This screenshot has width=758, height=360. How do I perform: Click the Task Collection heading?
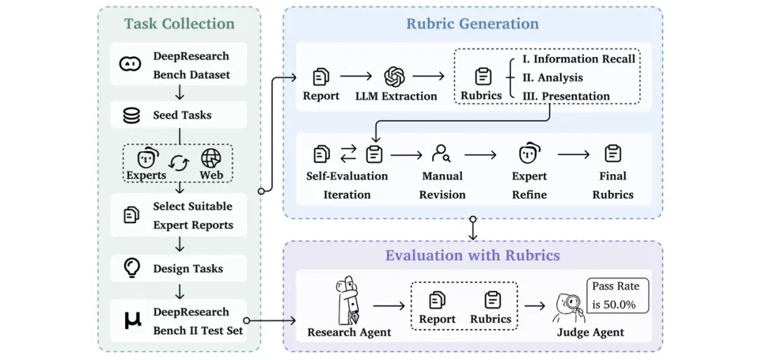click(x=179, y=24)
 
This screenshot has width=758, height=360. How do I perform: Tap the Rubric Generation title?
click(x=472, y=24)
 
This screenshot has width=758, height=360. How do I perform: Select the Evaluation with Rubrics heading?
click(x=472, y=255)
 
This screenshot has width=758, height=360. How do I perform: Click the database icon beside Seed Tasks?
click(x=132, y=116)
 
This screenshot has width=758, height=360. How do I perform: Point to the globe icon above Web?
click(x=211, y=157)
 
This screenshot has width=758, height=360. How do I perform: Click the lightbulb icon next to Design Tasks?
click(x=132, y=267)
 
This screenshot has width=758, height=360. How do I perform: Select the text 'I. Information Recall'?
click(x=578, y=59)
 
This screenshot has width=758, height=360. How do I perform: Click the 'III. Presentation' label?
click(x=566, y=95)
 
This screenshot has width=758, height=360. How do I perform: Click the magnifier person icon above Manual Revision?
click(x=441, y=154)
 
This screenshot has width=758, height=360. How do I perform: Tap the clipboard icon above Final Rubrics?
click(x=613, y=154)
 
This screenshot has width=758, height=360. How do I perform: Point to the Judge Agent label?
click(x=590, y=333)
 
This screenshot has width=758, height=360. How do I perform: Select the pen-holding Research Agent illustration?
click(x=349, y=300)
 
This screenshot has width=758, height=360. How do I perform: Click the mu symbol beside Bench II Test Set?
click(x=133, y=321)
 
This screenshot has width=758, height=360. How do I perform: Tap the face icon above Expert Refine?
click(x=529, y=154)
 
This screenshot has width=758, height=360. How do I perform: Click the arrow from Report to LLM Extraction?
click(x=356, y=76)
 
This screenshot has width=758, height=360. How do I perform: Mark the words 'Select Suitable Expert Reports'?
click(x=193, y=215)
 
